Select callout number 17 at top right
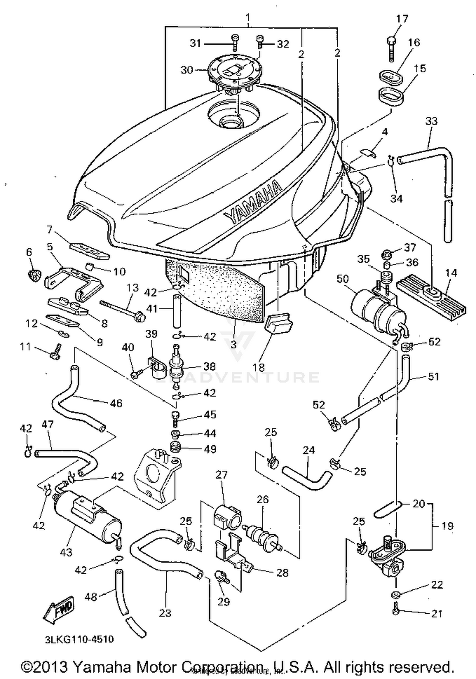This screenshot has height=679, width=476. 401,19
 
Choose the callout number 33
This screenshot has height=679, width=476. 431,121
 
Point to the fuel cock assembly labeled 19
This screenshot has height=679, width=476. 389,553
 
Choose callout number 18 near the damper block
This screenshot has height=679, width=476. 259,367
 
